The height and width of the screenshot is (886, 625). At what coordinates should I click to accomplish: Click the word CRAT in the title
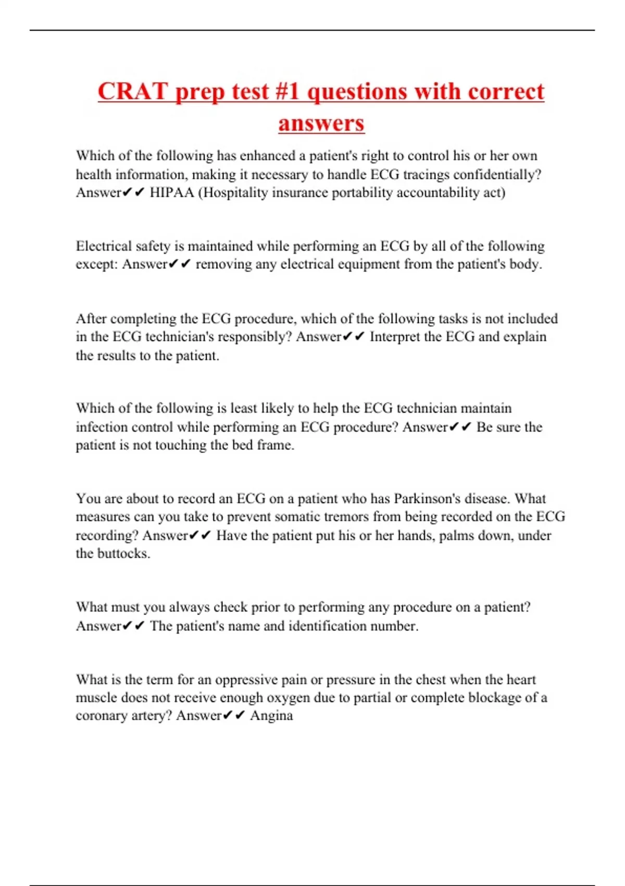(x=133, y=92)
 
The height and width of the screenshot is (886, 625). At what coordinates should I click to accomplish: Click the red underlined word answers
(x=321, y=124)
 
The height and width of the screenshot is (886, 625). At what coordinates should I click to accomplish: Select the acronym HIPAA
(x=172, y=193)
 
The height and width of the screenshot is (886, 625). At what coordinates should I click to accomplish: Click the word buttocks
(x=123, y=553)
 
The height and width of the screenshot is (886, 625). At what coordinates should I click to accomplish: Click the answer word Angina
(x=271, y=716)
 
